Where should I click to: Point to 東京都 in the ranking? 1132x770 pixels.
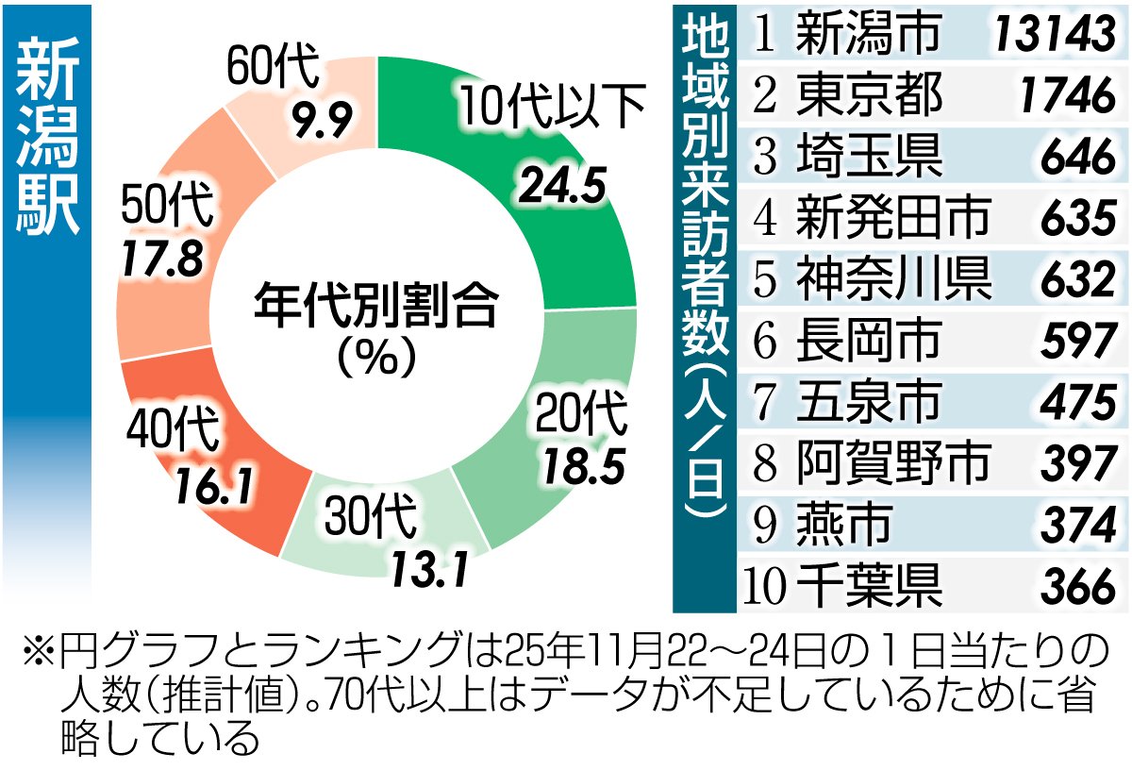(868, 95)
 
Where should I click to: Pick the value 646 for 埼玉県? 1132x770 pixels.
(1078, 158)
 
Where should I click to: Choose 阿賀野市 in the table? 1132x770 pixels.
(892, 461)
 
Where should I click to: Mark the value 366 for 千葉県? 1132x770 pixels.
(1078, 588)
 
